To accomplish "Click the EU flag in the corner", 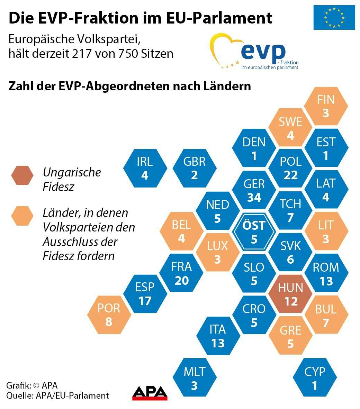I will tap(334, 17).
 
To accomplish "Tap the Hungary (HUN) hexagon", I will tap(290, 294).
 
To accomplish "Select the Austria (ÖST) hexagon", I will tap(254, 232).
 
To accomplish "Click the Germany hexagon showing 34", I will tap(254, 190).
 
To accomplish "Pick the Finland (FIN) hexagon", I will tap(326, 106).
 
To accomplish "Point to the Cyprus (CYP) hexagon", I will tap(315, 378).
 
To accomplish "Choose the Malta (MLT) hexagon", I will tap(194, 378).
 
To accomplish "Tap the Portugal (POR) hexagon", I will tap(109, 315).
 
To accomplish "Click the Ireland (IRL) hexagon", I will tap(145, 168).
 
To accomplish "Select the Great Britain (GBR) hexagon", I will tap(194, 168).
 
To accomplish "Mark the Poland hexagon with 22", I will tap(290, 168).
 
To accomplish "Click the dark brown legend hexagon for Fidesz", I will tap(22, 175).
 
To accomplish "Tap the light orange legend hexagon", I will tap(22, 216).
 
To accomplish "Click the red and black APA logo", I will tap(150, 393).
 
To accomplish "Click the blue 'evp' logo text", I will tap(263, 52).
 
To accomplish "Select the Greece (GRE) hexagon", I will tap(290, 336).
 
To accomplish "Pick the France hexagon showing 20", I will tap(181, 273).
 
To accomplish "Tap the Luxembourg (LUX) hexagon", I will tap(217, 253).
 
